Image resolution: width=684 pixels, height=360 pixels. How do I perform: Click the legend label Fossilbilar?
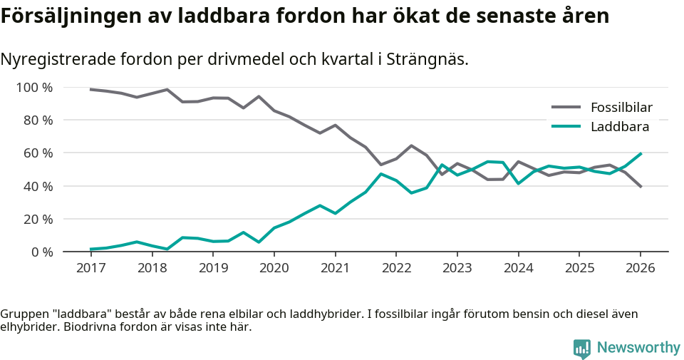(621, 108)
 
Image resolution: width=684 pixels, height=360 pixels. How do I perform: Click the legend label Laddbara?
(619, 127)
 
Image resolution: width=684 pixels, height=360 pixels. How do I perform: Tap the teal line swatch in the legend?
(566, 127)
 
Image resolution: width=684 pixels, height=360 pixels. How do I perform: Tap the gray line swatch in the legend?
(566, 108)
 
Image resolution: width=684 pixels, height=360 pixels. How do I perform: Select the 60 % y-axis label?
(37, 153)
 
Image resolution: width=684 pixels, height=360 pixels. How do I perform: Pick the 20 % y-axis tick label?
(37, 220)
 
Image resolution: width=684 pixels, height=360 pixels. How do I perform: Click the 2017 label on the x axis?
(90, 268)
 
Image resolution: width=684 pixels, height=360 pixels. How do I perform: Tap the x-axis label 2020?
(274, 268)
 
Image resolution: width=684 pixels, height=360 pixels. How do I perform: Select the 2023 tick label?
(457, 268)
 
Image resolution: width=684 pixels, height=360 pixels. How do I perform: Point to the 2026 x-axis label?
(640, 268)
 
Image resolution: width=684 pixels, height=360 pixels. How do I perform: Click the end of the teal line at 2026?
(641, 153)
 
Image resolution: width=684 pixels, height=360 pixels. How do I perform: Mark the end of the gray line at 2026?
(641, 187)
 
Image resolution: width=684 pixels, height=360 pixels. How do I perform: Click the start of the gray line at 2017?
(90, 89)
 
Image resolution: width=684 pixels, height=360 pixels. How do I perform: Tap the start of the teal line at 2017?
(90, 250)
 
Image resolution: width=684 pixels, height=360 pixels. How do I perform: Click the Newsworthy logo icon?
(582, 348)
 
